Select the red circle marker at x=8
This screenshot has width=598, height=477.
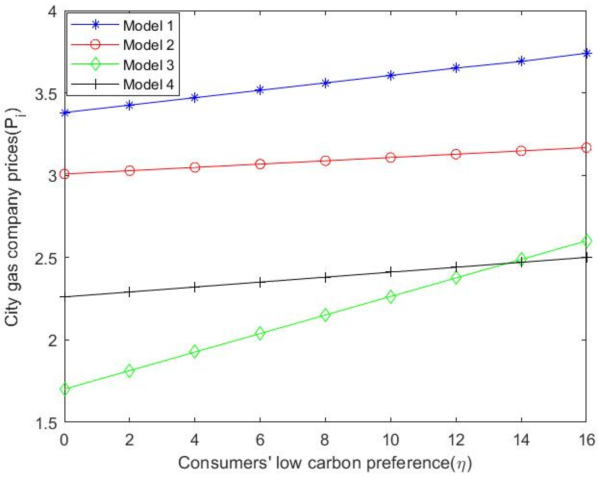point(325,161)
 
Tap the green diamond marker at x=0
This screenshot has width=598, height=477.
point(65,389)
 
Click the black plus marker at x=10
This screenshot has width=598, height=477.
point(391,272)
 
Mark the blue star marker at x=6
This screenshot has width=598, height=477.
point(260,90)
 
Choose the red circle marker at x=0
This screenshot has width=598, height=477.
point(65,174)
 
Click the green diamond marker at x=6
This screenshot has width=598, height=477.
point(260,333)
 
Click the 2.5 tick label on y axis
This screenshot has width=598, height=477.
point(46,258)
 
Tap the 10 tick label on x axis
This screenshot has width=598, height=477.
point(390,440)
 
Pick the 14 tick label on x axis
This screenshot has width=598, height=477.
point(521,440)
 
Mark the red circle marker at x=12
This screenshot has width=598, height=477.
point(456,154)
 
